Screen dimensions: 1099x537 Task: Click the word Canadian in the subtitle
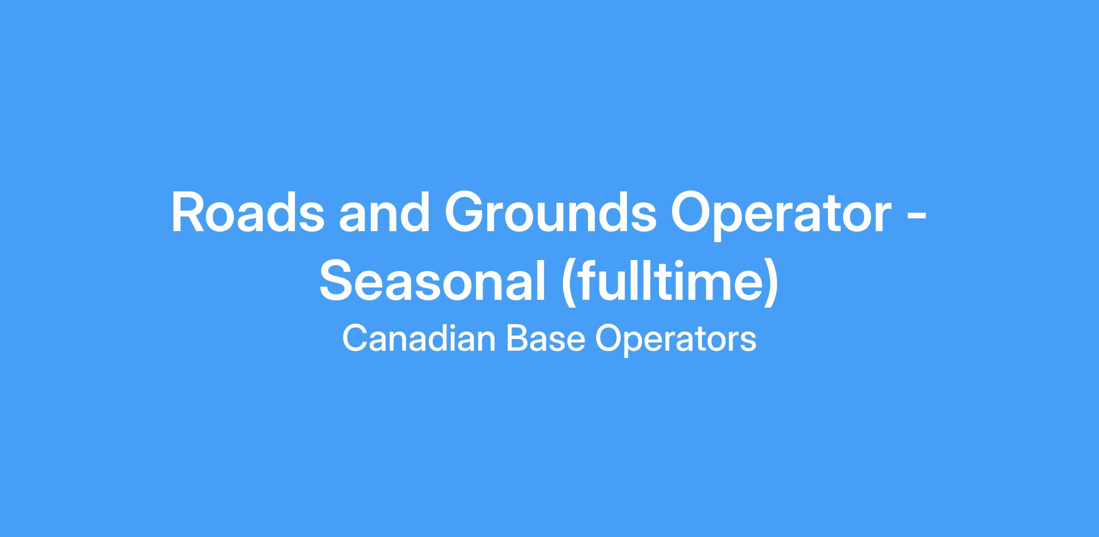click(x=419, y=339)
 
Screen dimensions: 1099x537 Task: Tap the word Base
click(x=545, y=339)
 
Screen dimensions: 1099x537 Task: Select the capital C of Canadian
click(x=355, y=339)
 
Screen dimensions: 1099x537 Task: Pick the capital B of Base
click(x=518, y=339)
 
